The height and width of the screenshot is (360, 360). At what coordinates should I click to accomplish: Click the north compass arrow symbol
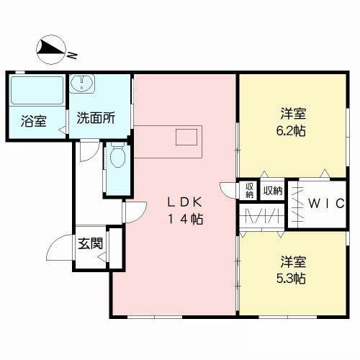coord(50,48)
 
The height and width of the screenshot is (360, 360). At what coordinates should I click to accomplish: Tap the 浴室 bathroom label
coord(34,120)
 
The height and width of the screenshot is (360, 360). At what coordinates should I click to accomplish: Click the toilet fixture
coord(115,158)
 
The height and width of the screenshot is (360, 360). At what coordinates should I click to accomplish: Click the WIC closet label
coord(325,204)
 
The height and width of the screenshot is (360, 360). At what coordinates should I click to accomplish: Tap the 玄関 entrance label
coord(90,243)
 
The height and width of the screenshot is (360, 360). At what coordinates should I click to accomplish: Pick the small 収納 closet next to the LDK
coord(249,190)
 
